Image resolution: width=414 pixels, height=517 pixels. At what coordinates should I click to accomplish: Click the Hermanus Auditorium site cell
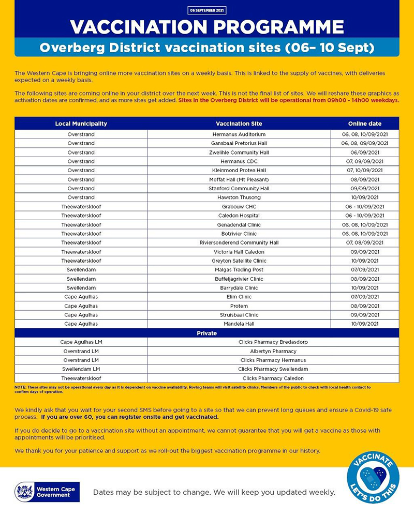tap(239, 134)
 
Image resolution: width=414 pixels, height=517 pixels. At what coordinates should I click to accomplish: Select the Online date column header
tap(364, 124)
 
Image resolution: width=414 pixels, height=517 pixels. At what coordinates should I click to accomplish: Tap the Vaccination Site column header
tap(239, 124)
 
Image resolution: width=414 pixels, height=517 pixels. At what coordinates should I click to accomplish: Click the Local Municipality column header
tap(81, 124)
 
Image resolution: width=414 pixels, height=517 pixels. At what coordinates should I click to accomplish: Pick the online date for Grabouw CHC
tap(364, 206)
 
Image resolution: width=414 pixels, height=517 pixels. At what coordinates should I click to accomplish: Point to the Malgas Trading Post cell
tap(239, 270)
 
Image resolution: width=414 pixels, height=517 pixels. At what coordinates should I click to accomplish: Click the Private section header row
tap(206, 333)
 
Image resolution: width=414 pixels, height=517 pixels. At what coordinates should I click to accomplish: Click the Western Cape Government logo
tap(47, 492)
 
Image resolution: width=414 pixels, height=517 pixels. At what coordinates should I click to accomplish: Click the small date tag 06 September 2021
tap(207, 10)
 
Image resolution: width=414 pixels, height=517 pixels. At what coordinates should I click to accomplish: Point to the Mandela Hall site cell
tap(239, 324)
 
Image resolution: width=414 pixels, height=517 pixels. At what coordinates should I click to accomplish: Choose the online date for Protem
tap(364, 306)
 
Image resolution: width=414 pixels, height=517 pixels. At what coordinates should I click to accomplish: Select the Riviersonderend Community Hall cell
tap(239, 242)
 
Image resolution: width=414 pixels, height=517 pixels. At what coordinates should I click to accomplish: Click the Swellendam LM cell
tap(81, 369)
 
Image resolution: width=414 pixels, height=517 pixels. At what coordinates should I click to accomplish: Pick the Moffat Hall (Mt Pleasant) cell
tap(239, 179)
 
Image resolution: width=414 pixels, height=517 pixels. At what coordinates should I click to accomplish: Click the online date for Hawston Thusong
tap(364, 197)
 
